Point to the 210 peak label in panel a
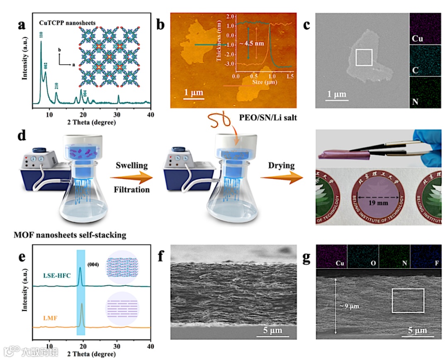56,87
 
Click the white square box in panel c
364,57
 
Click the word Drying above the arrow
281,165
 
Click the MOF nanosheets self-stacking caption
64,236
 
